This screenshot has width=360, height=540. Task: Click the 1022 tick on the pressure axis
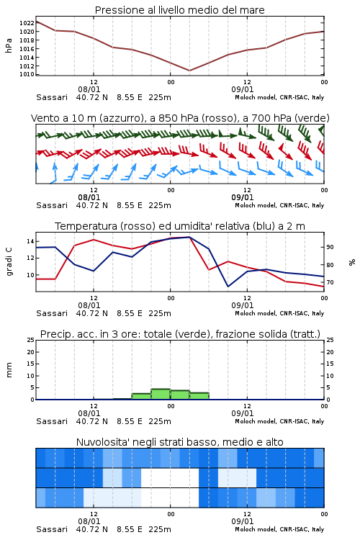point(27,23)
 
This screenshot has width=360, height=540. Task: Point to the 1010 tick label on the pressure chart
point(27,74)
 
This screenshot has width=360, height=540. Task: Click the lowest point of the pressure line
point(189,71)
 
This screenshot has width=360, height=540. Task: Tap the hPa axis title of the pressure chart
point(9,45)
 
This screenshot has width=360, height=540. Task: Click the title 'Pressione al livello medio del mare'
point(180,10)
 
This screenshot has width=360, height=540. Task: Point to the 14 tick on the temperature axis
point(30,241)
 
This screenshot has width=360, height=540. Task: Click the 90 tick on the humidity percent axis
point(330,247)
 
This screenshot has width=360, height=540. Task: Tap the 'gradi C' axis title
point(9,261)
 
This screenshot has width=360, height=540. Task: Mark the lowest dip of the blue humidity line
point(228,287)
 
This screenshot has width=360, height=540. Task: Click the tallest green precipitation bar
point(161,395)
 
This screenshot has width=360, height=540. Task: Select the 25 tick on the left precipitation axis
point(31,340)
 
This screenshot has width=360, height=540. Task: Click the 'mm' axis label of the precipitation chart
point(9,370)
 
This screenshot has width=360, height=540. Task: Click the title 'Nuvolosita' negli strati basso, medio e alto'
point(179,442)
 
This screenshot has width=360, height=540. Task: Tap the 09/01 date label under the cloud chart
point(243,521)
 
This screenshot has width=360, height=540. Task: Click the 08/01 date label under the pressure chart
point(89,89)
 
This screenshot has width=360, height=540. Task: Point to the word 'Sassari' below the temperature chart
point(52,313)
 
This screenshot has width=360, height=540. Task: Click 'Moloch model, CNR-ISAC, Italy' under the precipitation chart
point(279,421)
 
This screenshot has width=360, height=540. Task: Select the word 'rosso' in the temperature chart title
point(135,226)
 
